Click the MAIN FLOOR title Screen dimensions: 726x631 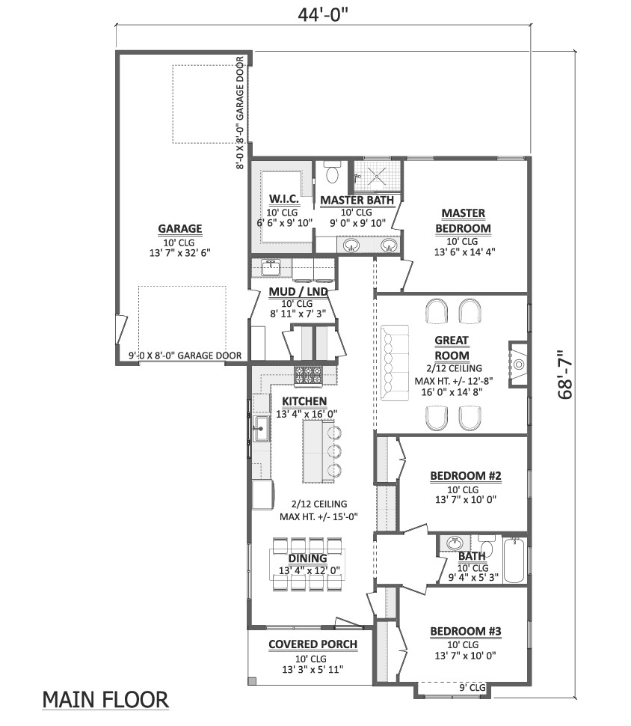tap(105, 700)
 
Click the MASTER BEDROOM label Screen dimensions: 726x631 tap(462, 221)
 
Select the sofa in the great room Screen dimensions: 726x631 tap(394, 362)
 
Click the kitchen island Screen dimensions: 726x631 tap(314, 451)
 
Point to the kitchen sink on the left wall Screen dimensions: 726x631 tap(260, 430)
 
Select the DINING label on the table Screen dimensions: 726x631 tap(308, 558)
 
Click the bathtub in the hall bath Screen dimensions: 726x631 tap(514, 561)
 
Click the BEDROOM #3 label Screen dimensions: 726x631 tap(465, 632)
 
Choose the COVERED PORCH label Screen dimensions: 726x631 tap(313, 644)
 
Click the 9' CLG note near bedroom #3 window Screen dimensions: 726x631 tap(473, 686)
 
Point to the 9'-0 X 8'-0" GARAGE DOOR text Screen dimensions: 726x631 tap(185, 356)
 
